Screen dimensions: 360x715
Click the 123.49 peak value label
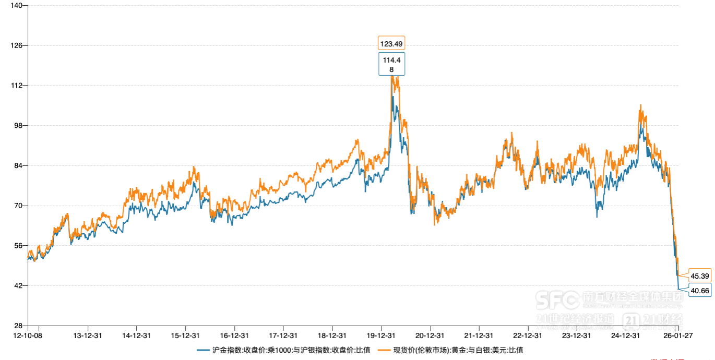point(392,43)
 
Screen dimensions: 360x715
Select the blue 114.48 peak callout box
point(391,64)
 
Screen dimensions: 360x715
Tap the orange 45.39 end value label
point(699,275)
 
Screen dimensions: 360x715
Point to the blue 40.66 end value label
point(699,291)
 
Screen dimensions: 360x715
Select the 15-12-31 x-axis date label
point(185,335)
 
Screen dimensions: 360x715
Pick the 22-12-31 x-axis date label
point(528,335)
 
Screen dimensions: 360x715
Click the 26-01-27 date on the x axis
point(677,335)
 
